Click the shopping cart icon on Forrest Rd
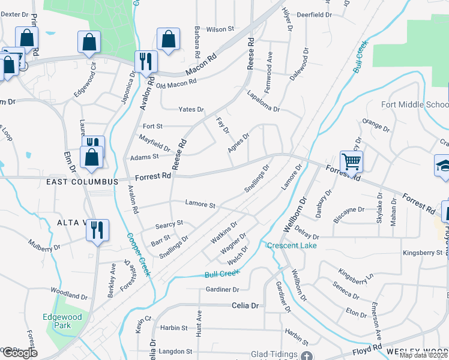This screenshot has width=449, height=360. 351,161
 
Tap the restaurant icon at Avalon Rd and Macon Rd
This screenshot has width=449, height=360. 146,61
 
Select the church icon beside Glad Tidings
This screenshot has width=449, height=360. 308,356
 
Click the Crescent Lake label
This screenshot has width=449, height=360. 291,245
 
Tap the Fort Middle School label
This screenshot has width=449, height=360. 415,104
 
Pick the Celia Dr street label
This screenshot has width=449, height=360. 245,305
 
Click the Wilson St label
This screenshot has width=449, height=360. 220,29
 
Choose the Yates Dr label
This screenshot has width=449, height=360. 191,109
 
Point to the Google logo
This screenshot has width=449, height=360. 19,353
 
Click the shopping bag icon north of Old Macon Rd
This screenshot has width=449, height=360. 168,40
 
